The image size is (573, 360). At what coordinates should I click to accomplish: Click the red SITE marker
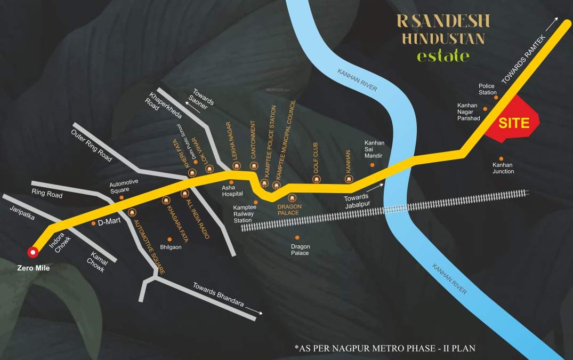[513, 124]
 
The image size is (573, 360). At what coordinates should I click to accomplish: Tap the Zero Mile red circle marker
[34, 252]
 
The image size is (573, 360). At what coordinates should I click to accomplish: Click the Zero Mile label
[32, 268]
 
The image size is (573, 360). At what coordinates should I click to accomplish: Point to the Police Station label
[487, 89]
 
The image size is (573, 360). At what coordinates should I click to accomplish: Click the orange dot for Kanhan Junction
[501, 158]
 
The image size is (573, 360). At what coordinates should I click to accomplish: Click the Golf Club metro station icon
[316, 180]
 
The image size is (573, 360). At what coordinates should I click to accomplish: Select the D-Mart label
[108, 223]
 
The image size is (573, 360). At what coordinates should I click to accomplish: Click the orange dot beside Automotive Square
[122, 197]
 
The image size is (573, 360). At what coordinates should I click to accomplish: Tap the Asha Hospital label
[232, 191]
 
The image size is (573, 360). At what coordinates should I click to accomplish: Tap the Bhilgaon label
[171, 247]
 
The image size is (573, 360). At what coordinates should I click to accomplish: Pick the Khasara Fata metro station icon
[165, 201]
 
